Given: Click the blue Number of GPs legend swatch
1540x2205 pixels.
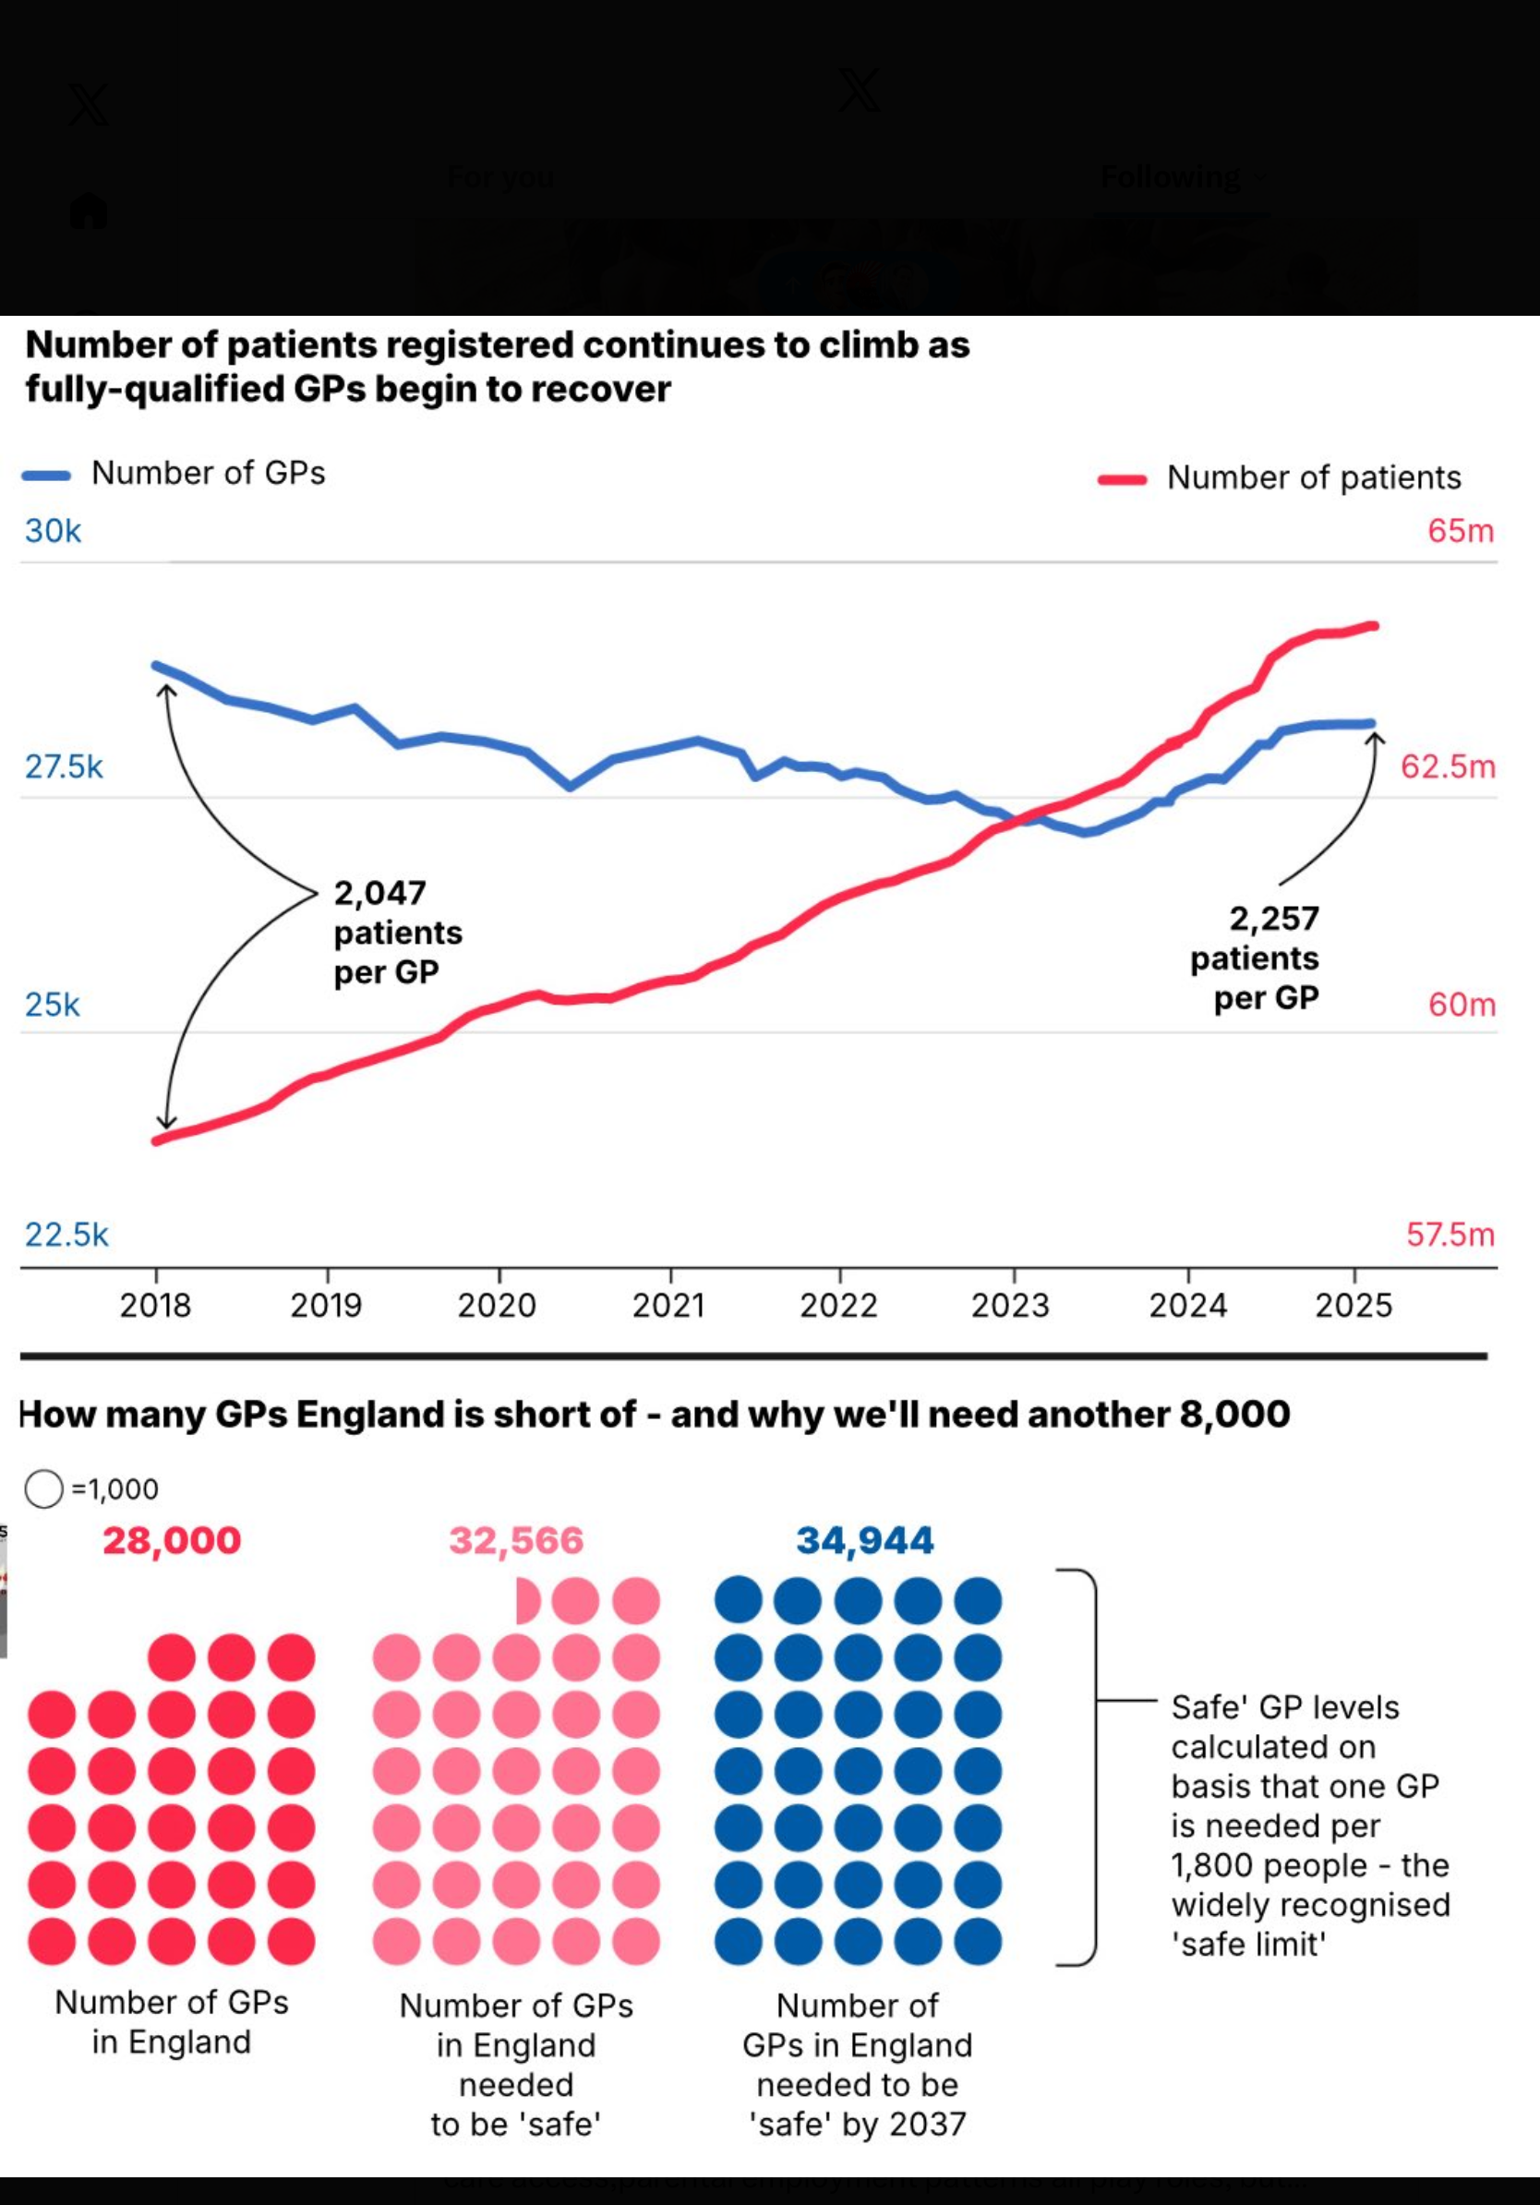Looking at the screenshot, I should point(46,476).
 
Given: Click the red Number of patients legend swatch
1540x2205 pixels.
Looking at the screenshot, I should point(1122,480).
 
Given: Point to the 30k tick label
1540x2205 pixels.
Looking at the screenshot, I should point(53,531).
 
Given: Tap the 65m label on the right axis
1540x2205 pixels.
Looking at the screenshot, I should point(1461,531).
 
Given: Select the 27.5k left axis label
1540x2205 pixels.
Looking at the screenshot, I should point(64,767).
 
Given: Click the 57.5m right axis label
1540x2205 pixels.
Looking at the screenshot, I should point(1450,1235).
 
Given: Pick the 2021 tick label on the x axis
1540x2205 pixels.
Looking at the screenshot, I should point(668,1306).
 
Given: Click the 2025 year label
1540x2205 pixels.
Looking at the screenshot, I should point(1353,1306).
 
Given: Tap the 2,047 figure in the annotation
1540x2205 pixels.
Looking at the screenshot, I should point(379,894).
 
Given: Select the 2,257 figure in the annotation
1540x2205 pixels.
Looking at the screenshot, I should point(1274,919).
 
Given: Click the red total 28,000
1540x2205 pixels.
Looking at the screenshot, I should point(172,1541).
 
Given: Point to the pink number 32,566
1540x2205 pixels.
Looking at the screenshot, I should point(516,1541).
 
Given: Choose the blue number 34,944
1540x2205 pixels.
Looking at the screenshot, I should point(864,1541).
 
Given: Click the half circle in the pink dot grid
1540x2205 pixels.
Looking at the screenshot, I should point(527,1601).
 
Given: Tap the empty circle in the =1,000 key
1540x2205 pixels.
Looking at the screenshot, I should point(43,1489).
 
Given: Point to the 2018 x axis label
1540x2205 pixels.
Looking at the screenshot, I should point(155,1306).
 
